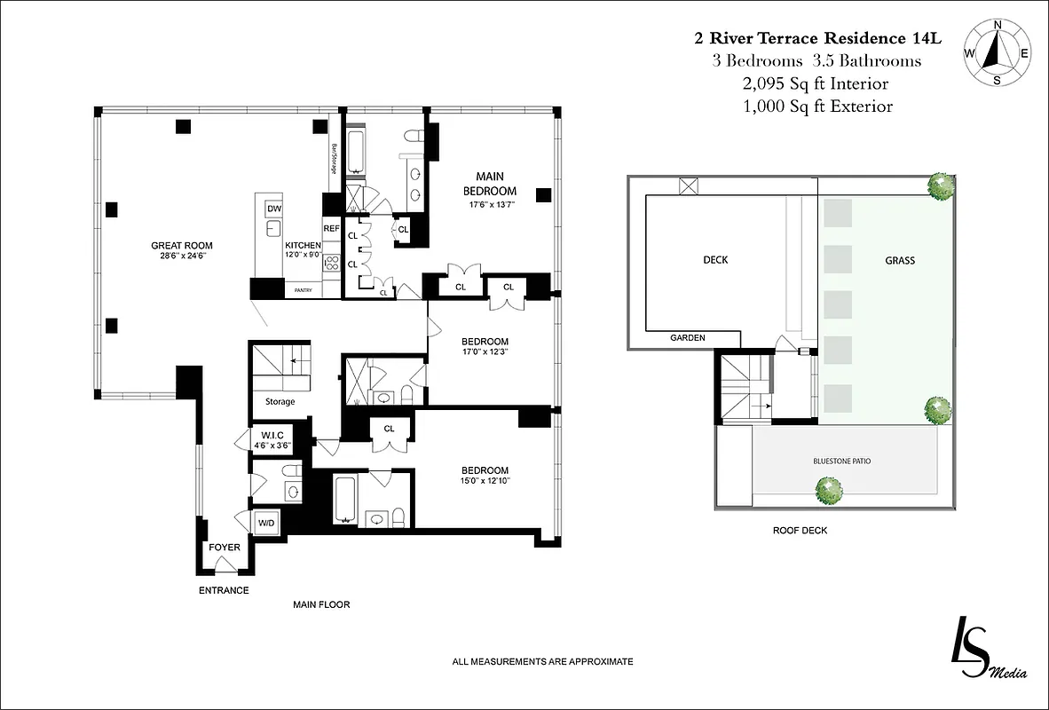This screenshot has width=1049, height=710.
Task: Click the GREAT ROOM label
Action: (182, 246)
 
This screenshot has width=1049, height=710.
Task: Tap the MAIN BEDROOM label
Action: (489, 184)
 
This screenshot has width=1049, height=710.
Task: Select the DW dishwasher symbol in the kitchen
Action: (273, 209)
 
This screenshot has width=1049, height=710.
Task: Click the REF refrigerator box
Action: (331, 228)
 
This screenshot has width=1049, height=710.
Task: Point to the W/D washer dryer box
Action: (266, 524)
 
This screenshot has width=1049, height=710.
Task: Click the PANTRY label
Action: (304, 289)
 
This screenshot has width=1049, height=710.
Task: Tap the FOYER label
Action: (225, 548)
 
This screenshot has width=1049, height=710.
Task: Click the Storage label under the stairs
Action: (280, 402)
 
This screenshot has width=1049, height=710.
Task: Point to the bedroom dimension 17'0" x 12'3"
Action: (485, 352)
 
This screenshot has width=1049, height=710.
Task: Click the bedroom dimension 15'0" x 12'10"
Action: (485, 481)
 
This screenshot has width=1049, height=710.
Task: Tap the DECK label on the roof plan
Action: (715, 260)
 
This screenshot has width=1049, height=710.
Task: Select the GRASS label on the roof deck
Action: (900, 261)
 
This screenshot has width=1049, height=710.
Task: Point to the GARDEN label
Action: (688, 337)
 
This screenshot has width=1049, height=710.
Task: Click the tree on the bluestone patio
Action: (829, 489)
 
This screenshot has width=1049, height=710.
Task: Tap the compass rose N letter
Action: (998, 25)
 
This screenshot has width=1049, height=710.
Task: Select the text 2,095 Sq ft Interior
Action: (816, 83)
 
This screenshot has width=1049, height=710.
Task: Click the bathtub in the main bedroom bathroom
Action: (357, 153)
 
